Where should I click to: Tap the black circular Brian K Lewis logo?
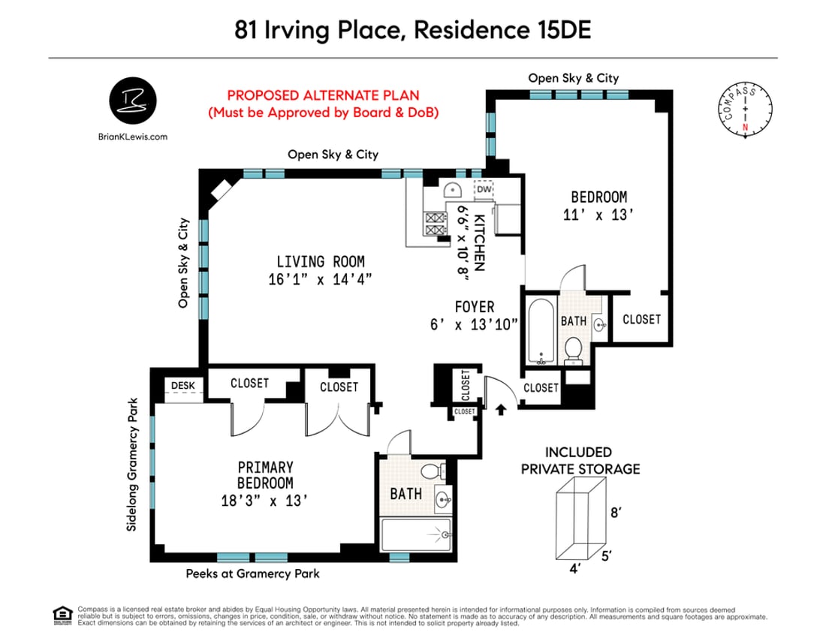(133, 100)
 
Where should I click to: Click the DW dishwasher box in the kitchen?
(484, 190)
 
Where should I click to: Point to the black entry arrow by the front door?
(502, 408)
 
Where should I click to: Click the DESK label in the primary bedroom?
(182, 385)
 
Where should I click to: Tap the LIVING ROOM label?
(320, 262)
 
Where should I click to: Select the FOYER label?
(475, 306)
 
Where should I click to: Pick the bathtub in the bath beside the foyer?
(540, 330)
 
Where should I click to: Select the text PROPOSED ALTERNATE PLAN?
(323, 96)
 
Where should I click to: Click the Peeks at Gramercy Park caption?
(252, 574)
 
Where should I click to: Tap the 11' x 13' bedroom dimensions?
(599, 214)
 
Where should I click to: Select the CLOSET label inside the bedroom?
(642, 319)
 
